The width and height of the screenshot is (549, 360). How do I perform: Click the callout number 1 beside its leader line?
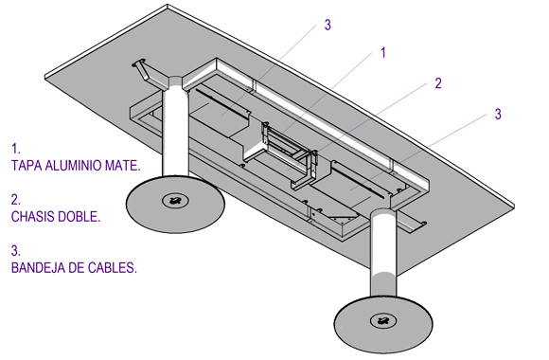383,53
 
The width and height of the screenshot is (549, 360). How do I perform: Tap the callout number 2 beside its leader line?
438,83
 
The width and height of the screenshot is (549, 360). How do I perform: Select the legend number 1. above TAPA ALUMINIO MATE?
16,149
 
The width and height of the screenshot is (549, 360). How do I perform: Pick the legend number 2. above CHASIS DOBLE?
16,200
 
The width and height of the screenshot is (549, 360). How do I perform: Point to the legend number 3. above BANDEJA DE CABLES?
16,251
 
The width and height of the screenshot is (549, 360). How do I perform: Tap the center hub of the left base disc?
175,201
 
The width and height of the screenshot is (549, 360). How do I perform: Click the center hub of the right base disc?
383,321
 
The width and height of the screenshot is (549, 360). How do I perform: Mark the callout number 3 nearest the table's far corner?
328,25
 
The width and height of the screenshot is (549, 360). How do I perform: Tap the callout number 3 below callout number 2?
498,114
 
